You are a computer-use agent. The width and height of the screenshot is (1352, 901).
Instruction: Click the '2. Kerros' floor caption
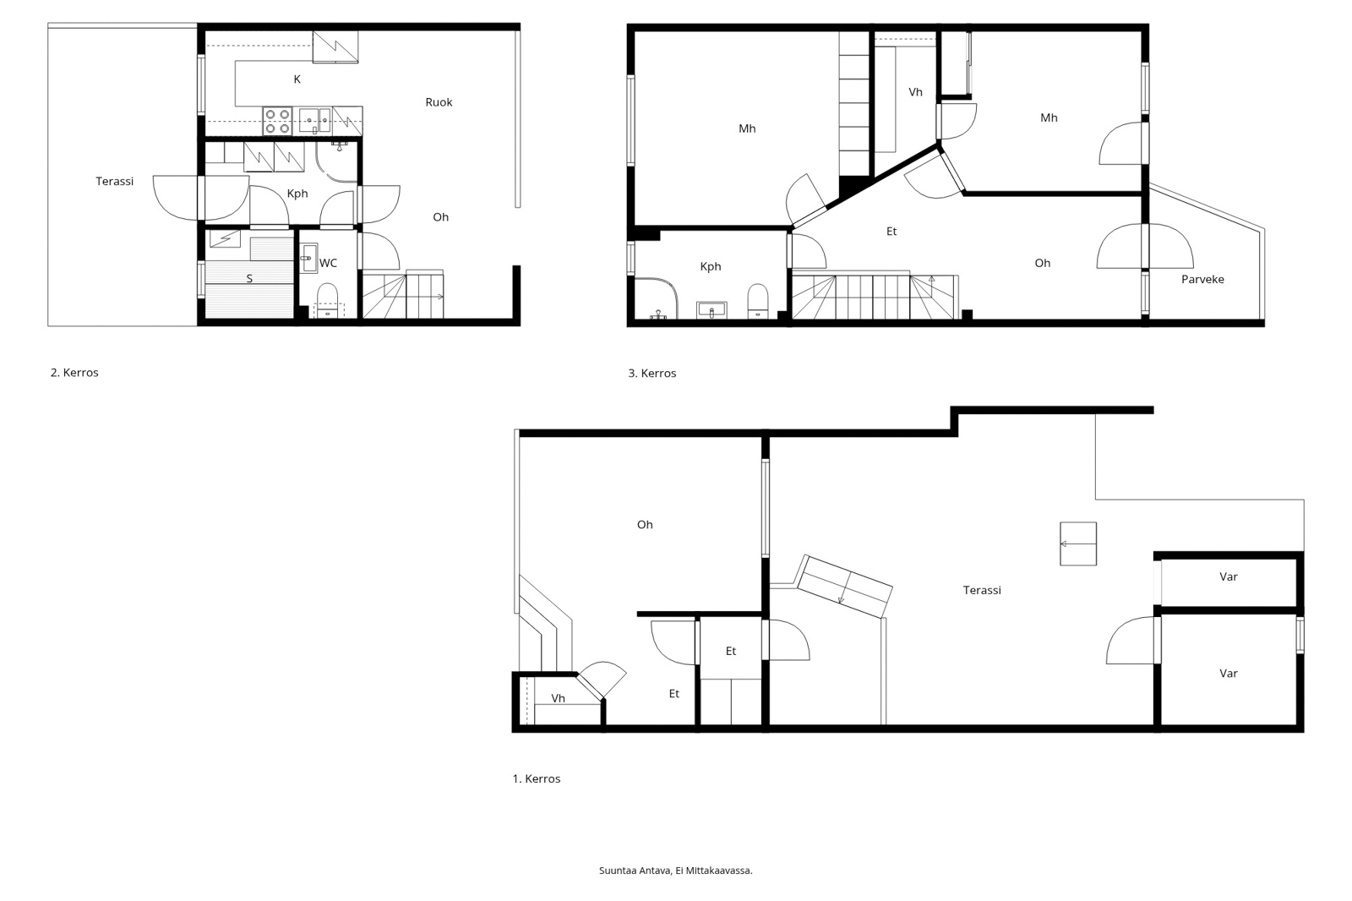74,373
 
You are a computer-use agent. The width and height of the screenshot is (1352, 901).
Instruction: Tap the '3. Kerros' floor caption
651,374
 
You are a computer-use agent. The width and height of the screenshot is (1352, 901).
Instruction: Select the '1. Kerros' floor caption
536,779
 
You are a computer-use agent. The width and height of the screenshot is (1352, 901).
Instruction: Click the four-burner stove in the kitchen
278,121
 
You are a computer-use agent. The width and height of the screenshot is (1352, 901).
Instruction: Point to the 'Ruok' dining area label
439,102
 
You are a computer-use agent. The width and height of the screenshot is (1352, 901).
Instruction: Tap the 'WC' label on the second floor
328,263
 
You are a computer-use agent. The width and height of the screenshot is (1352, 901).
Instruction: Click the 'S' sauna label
249,278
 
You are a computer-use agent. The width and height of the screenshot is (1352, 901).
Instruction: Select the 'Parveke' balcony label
1202,279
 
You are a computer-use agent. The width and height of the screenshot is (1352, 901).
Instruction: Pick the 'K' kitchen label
297,79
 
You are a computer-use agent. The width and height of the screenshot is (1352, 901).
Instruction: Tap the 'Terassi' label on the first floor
982,590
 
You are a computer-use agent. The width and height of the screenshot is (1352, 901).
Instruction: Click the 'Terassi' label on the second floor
115,181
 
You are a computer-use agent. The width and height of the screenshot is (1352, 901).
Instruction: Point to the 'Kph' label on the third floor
711,266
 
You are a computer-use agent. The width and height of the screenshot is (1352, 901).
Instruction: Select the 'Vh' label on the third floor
916,92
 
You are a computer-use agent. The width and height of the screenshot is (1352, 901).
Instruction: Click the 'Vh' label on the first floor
559,698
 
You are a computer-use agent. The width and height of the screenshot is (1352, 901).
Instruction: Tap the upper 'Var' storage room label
1229,576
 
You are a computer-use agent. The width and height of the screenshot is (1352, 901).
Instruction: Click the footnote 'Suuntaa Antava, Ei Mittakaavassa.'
675,871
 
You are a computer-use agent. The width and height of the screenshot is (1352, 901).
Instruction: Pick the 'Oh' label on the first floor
645,525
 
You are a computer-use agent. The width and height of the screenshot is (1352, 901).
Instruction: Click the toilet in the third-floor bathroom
757,300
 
